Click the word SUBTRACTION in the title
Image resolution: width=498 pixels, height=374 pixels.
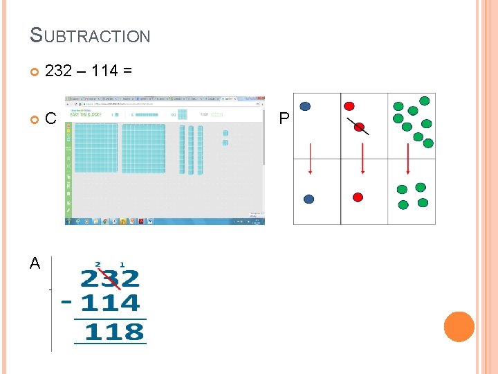[x=90, y=35]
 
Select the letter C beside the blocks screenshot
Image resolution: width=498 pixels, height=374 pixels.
[x=50, y=118]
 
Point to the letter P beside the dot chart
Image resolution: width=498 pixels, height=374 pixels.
[x=284, y=119]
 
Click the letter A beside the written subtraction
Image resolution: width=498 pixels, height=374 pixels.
[x=35, y=262]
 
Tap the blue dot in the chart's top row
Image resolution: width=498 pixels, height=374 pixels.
[x=305, y=107]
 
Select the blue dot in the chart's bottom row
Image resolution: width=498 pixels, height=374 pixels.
[x=309, y=199]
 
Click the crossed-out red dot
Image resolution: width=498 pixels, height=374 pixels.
[x=358, y=125]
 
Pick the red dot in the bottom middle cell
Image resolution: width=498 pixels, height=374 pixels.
[x=358, y=197]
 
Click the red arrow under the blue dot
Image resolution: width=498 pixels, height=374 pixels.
[x=310, y=158]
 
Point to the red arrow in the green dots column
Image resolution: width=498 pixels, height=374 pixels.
[x=408, y=158]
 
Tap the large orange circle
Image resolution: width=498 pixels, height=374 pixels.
[x=459, y=326]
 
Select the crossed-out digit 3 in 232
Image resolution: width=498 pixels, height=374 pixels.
[x=111, y=279]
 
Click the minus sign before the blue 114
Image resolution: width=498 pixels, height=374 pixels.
[x=66, y=303]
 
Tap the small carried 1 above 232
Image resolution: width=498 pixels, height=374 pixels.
[x=122, y=265]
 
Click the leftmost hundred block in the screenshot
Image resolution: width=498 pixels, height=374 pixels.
[x=95, y=148]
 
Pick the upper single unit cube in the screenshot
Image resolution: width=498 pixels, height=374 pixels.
[x=225, y=132]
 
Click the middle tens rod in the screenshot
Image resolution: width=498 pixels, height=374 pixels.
[x=191, y=150]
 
